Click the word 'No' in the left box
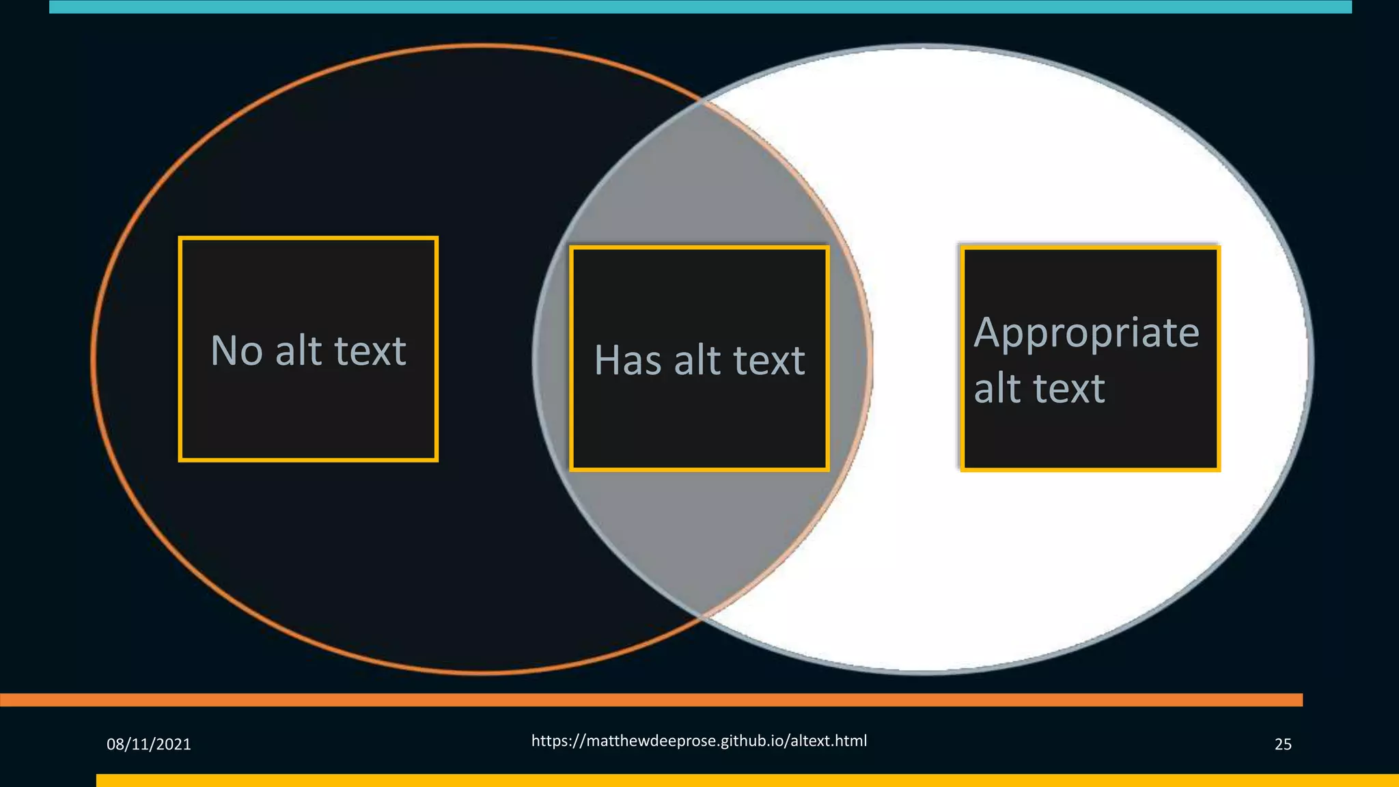(236, 351)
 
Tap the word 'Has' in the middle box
(628, 360)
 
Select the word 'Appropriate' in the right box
(1086, 334)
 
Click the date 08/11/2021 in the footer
(149, 744)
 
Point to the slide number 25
(1283, 744)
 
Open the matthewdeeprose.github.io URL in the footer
(699, 741)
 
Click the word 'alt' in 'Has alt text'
(697, 360)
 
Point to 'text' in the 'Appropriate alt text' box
(1069, 389)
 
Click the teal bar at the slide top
(700, 7)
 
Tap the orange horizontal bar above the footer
(651, 700)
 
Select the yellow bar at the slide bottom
(747, 780)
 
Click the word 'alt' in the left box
(299, 351)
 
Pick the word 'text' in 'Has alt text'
(768, 360)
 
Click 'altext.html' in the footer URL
(829, 741)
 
